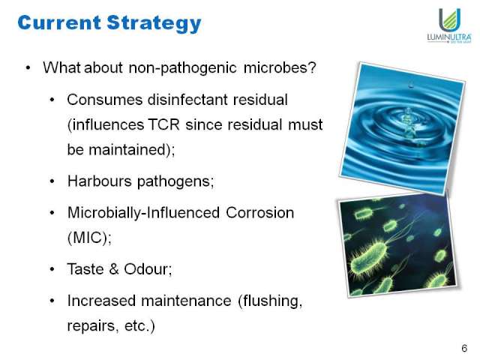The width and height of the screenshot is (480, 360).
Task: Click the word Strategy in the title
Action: pyautogui.click(x=154, y=23)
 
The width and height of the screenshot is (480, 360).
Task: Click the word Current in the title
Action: pyautogui.click(x=59, y=22)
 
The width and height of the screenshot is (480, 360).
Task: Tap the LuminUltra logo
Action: pyautogui.click(x=449, y=25)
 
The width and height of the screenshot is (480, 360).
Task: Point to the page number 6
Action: pyautogui.click(x=464, y=348)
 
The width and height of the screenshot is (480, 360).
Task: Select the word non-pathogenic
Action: pyautogui.click(x=183, y=67)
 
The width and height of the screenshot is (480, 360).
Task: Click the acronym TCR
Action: pyautogui.click(x=163, y=124)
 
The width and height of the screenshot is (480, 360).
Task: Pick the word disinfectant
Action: pyautogui.click(x=187, y=100)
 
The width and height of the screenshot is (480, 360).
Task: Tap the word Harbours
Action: pyautogui.click(x=100, y=181)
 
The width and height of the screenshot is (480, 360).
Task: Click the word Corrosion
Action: pyautogui.click(x=260, y=213)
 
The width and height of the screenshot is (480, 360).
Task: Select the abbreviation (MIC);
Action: pyautogui.click(x=90, y=238)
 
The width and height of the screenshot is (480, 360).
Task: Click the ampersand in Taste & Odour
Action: pyautogui.click(x=114, y=268)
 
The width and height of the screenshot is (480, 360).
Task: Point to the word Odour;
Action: pyautogui.click(x=148, y=269)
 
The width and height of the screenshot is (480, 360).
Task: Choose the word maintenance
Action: pyautogui.click(x=186, y=301)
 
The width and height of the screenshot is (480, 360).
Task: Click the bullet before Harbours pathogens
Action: pyautogui.click(x=52, y=181)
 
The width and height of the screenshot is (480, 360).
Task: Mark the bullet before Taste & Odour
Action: pyautogui.click(x=52, y=269)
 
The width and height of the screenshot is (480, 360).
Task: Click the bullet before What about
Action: pyautogui.click(x=28, y=67)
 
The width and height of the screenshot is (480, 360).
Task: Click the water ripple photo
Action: pyautogui.click(x=402, y=128)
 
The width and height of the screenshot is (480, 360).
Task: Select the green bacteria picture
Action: pyautogui.click(x=398, y=245)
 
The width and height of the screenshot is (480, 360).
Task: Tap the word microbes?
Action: pyautogui.click(x=280, y=67)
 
